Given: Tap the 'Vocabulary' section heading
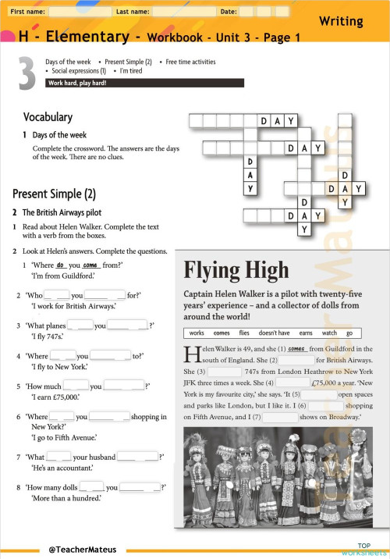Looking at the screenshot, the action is (x=48, y=117).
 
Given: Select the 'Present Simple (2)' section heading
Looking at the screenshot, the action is (x=54, y=193).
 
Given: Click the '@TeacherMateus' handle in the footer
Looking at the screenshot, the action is (x=82, y=550).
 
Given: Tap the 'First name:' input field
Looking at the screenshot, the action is (x=78, y=12).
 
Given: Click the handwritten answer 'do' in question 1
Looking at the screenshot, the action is (x=60, y=265).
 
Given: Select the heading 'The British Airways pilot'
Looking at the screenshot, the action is (x=62, y=212).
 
